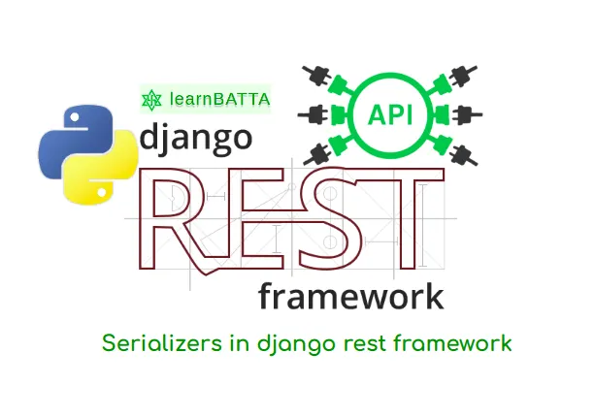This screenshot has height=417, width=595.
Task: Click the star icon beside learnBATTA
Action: coord(150,99)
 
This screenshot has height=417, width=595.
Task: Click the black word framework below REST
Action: coord(350,296)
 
